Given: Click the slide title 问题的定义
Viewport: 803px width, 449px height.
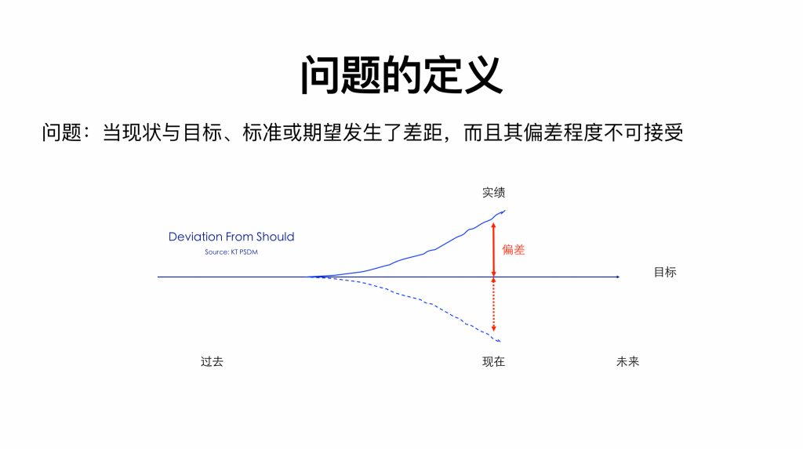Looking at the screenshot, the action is coord(401,74).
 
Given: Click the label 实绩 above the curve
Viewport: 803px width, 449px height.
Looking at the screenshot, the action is coord(494,193).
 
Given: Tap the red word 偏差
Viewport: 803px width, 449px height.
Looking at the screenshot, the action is coord(513,250).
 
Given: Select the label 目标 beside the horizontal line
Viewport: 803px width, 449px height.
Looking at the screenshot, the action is coord(665,273).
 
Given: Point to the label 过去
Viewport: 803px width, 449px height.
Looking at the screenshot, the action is coord(212,361).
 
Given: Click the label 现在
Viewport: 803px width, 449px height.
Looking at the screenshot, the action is coord(494,361).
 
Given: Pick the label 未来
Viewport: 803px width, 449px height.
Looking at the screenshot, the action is coord(628,361).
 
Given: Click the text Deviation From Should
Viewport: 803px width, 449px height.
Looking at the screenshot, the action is coord(231,237).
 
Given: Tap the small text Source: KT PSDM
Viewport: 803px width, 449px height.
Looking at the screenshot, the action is coord(231,252).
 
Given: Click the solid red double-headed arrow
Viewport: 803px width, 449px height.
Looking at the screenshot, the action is coord(494,249).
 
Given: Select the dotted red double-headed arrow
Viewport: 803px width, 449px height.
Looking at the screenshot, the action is coord(494,305).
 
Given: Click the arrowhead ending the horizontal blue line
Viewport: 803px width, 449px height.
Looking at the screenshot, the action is coord(618,277).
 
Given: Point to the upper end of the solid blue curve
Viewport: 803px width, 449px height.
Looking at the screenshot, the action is coord(505,211).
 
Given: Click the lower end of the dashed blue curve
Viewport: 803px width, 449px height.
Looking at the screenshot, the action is coord(500,342).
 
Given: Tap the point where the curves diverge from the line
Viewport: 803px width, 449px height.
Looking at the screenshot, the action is coord(308,277).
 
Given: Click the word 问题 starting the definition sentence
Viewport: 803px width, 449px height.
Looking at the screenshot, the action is coord(62,132).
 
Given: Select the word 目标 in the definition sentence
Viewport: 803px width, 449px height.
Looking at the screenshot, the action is coord(202,132).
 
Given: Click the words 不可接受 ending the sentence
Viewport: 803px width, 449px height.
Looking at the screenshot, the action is coord(643,132).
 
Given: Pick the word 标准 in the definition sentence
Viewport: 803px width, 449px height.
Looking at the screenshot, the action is coord(263,132).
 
